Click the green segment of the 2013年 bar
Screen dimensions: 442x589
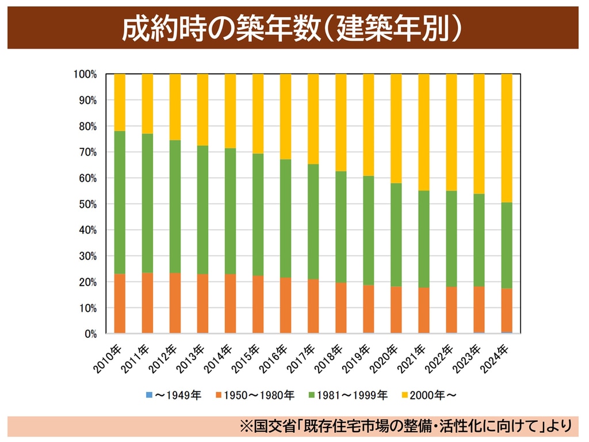click(x=202, y=209)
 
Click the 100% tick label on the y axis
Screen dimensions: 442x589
click(x=85, y=74)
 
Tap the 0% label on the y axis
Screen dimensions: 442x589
click(x=90, y=334)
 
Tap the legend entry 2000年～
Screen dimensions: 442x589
click(x=430, y=395)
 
